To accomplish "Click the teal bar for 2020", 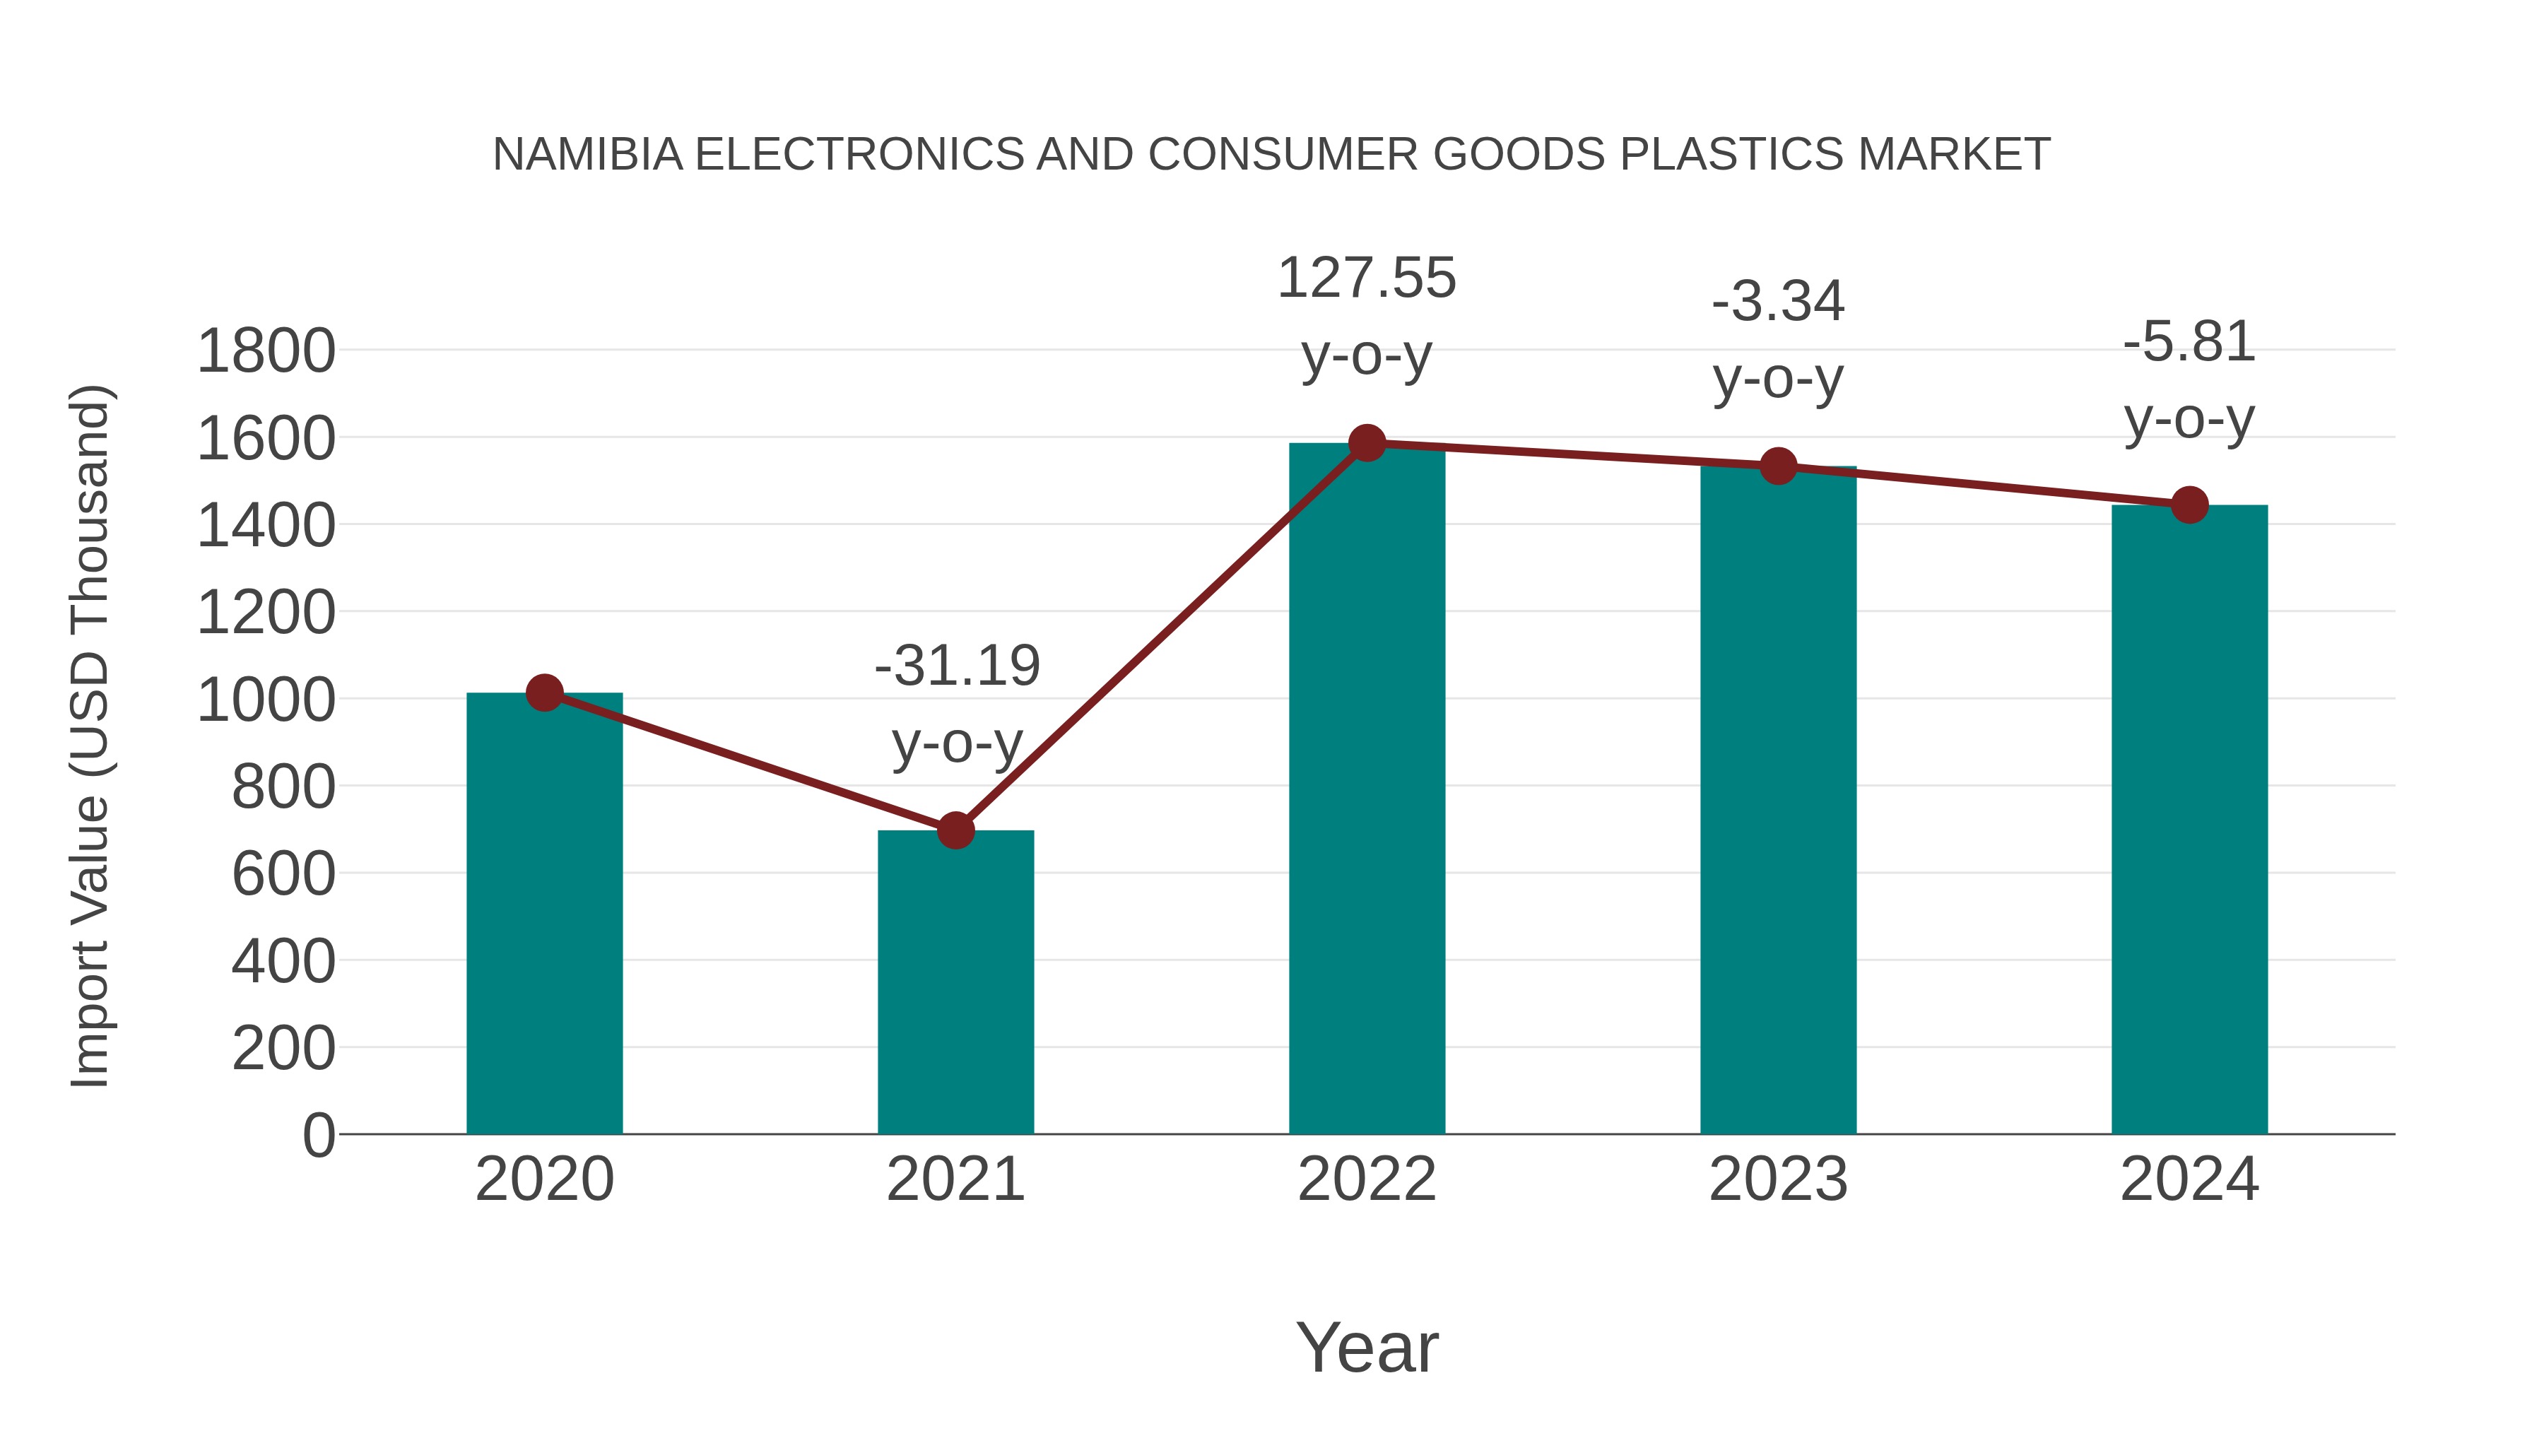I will pos(544,914).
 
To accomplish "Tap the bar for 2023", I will pos(1778,800).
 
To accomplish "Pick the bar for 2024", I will pos(2189,820).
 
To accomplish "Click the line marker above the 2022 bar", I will pos(1367,443).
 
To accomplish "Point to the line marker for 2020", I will pos(544,693).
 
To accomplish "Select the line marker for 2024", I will pos(2189,505).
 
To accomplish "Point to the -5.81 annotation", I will pos(2189,379).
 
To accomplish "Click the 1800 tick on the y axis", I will pos(266,352).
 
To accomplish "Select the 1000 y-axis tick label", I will pos(266,700).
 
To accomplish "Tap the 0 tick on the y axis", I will pos(318,1136).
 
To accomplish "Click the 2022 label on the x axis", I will pos(1367,1179).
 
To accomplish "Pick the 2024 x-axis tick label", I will pos(2189,1179).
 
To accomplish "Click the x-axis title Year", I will pos(1367,1347).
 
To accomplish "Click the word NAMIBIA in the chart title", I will pos(588,155).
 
